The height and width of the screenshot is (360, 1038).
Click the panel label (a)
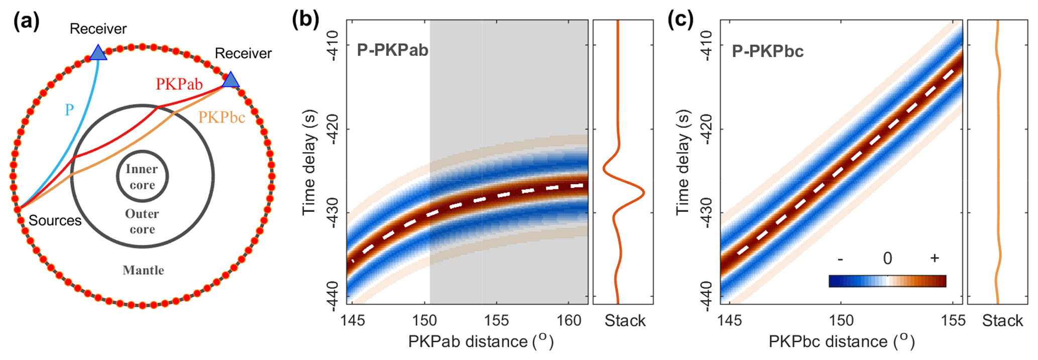click(27, 22)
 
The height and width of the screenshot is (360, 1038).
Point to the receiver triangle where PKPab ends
click(230, 80)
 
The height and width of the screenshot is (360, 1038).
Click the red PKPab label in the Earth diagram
click(179, 84)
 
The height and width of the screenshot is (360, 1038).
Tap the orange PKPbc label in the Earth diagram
click(221, 117)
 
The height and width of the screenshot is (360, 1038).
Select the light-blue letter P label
click(69, 109)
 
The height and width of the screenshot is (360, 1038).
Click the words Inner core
click(142, 177)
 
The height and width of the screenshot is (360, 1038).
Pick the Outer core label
click(142, 221)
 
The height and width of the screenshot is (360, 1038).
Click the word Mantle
click(143, 270)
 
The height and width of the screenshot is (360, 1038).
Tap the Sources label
click(55, 220)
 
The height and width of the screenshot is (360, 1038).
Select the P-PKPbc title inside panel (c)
click(767, 51)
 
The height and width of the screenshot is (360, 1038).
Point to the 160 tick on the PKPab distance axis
click(569, 320)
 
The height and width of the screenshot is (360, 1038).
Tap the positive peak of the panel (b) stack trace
click(643, 193)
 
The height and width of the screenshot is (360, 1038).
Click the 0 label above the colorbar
click(887, 259)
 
